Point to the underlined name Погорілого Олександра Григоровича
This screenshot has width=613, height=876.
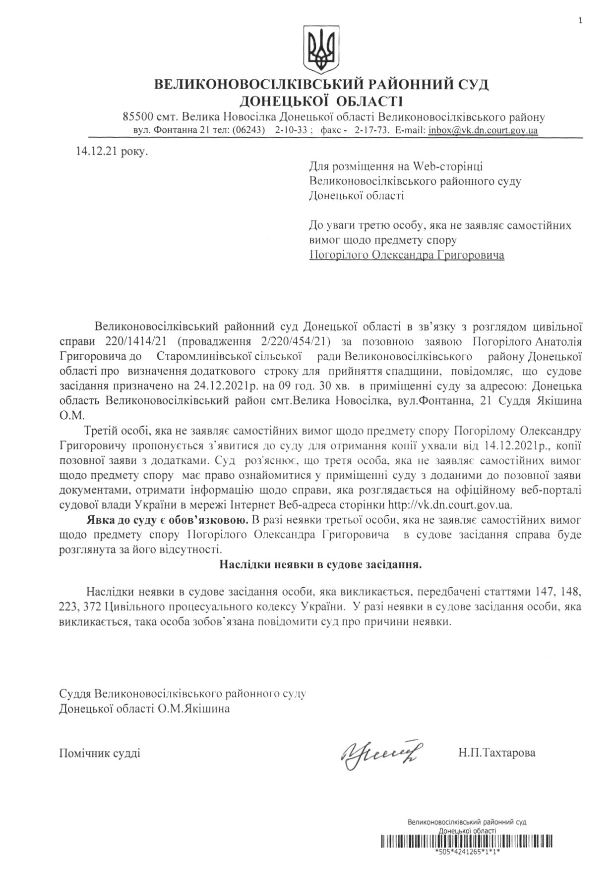coord(406,255)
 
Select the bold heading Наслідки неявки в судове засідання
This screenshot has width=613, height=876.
coord(320,564)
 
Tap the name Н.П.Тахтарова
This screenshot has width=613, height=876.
coord(496,753)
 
